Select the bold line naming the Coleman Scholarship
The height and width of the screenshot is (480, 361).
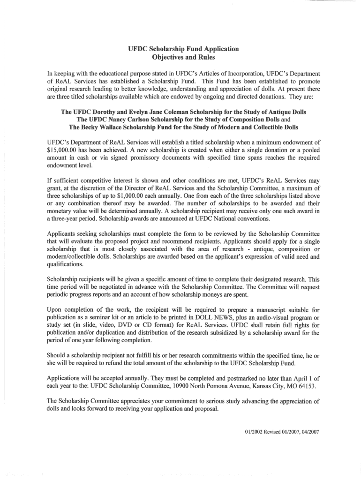point(183,112)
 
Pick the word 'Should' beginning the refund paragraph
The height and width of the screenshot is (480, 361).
point(59,355)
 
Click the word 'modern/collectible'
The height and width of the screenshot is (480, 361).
point(71,257)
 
